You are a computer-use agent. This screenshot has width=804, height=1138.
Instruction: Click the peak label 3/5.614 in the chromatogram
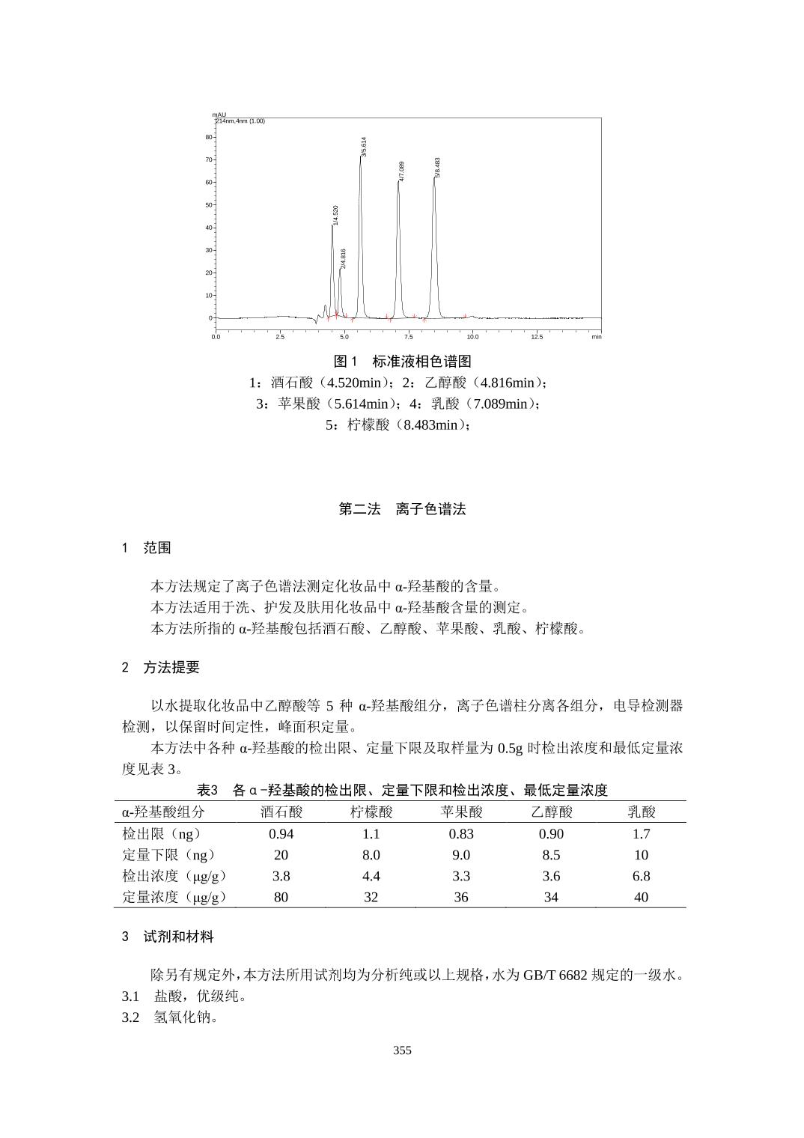click(x=364, y=146)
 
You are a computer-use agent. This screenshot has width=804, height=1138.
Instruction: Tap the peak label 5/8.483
click(x=438, y=167)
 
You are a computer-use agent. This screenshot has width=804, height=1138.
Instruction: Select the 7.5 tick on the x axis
click(x=409, y=337)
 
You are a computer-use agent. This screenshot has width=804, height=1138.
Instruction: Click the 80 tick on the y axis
click(x=209, y=137)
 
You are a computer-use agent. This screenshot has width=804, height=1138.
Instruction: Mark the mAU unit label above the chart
click(x=219, y=115)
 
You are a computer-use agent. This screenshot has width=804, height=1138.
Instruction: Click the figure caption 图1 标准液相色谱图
click(x=402, y=362)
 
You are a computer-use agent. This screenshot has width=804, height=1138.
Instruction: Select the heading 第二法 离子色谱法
click(x=402, y=509)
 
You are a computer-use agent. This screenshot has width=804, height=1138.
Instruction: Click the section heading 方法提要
click(x=171, y=667)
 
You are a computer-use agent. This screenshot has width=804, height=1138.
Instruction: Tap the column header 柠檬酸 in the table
click(x=371, y=812)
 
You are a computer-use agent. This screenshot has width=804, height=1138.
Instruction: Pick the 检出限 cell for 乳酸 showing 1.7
click(x=641, y=833)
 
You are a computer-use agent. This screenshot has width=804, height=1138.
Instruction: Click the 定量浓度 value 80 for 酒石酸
click(x=281, y=896)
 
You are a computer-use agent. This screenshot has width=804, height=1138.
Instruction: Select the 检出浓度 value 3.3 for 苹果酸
click(x=461, y=875)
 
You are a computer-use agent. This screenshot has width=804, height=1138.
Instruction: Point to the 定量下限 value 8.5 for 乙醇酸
click(x=551, y=854)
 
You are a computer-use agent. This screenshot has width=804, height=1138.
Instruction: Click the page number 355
click(x=402, y=1050)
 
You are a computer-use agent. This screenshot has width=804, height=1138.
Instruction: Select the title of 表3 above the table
click(x=402, y=790)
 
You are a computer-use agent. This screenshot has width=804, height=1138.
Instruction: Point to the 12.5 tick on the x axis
click(x=537, y=337)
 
